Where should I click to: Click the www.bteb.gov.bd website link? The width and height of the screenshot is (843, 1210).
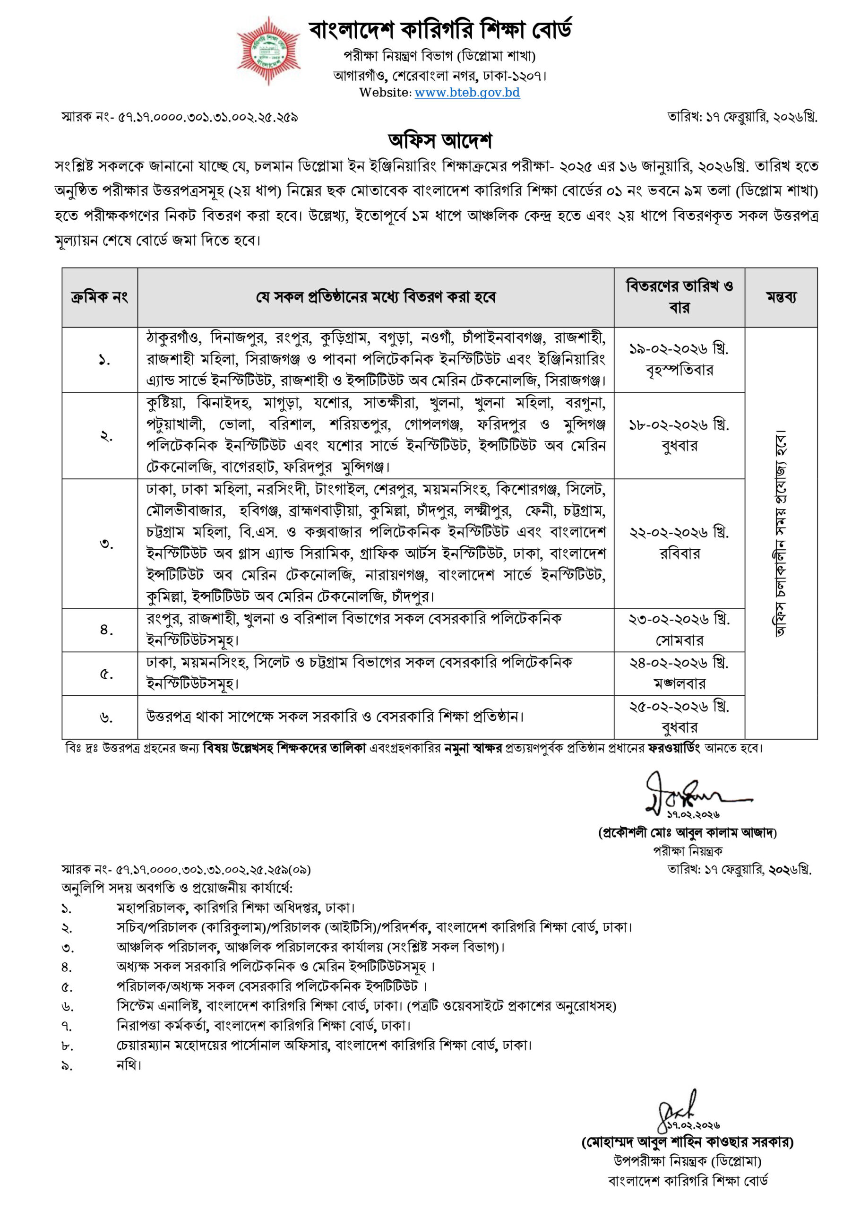[x=467, y=93]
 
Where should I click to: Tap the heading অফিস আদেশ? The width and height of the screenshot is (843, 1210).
[x=440, y=141]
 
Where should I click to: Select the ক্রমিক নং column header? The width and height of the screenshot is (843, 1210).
[x=99, y=298]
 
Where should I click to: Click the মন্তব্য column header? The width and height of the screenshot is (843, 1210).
[x=781, y=298]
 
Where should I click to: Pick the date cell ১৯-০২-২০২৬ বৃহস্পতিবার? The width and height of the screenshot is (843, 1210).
[x=679, y=359]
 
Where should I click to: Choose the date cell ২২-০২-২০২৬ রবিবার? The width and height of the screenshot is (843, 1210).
[x=679, y=544]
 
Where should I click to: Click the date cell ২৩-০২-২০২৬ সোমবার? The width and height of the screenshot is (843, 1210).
[x=679, y=630]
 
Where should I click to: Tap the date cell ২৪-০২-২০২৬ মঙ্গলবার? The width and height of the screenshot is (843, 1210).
[x=679, y=673]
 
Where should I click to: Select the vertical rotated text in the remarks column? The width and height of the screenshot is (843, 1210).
[x=780, y=533]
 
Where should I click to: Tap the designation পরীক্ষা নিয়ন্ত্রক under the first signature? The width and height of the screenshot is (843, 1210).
[x=688, y=851]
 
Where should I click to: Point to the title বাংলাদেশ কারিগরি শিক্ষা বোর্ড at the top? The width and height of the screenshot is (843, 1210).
[x=440, y=31]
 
